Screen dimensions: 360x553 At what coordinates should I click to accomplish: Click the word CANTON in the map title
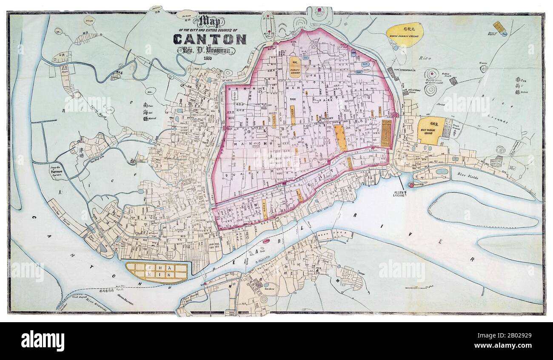[x=209, y=39]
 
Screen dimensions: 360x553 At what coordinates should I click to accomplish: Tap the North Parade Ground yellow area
[x=405, y=34]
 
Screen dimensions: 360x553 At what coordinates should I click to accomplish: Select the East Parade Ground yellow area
[x=430, y=130]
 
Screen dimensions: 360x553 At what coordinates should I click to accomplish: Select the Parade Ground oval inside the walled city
[x=295, y=68]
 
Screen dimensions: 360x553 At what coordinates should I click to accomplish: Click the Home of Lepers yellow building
[x=498, y=27]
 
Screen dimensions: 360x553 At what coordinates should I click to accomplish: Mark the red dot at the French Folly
[x=411, y=185]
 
